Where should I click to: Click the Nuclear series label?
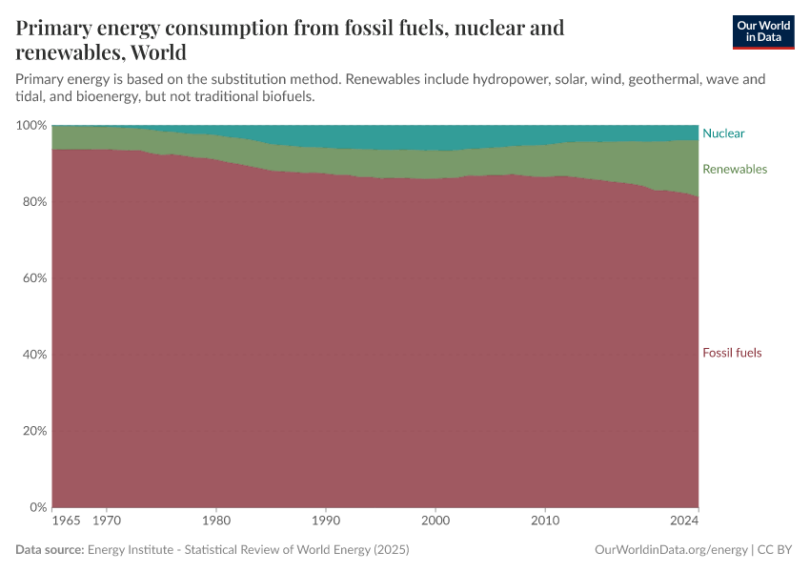723,133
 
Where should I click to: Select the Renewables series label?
734,169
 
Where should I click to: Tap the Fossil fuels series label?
732,353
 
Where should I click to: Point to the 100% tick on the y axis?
30,126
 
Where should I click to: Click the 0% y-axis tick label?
37,507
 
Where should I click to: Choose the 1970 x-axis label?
107,521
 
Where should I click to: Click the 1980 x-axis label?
216,521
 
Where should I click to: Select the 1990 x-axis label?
326,521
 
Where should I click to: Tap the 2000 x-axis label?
435,521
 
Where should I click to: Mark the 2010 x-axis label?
545,521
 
